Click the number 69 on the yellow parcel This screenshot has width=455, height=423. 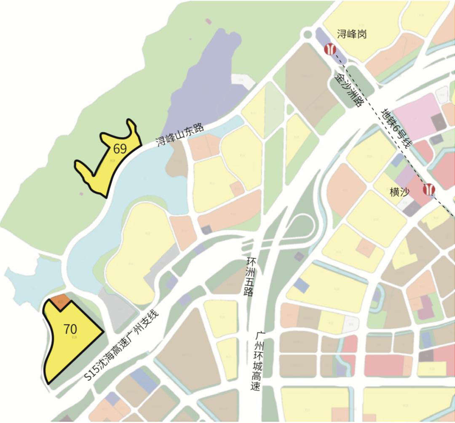pyautogui.click(x=120, y=149)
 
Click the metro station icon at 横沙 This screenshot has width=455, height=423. pyautogui.click(x=429, y=190)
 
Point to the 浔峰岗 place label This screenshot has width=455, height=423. pyautogui.click(x=352, y=34)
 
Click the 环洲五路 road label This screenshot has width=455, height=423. pyautogui.click(x=249, y=276)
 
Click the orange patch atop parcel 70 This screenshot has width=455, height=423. pyautogui.click(x=59, y=302)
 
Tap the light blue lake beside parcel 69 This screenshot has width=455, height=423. pyautogui.click(x=139, y=181)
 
